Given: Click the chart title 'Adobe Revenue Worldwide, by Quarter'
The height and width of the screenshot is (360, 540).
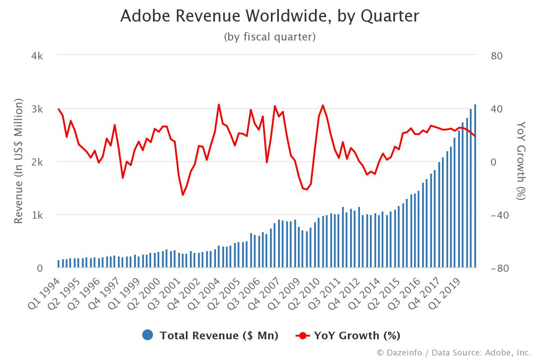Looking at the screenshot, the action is click(270, 16).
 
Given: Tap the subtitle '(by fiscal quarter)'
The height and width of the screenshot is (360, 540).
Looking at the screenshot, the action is click(270, 37).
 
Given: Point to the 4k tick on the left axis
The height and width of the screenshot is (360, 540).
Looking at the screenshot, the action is click(37, 56).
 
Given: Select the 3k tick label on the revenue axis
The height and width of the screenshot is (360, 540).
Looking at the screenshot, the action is click(37, 109).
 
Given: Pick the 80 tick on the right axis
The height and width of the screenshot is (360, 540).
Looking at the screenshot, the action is click(497, 56).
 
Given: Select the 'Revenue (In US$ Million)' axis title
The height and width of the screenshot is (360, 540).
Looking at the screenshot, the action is click(18, 161).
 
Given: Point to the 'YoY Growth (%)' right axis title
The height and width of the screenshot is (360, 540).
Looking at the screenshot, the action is click(521, 161).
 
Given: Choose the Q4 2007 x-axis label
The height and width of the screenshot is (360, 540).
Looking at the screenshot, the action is click(264, 294).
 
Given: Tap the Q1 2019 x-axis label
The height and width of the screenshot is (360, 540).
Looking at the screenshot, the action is click(444, 294).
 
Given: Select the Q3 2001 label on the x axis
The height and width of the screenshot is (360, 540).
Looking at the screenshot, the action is click(164, 294).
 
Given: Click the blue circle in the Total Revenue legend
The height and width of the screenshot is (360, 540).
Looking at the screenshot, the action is click(148, 335).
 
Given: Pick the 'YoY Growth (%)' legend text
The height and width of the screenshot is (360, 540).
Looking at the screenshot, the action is click(357, 335).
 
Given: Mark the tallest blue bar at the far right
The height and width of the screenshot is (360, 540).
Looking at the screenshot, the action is click(475, 186).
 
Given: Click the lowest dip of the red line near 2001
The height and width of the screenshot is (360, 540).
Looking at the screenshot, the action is click(183, 194).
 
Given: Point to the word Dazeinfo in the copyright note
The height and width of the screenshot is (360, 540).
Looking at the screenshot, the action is click(404, 352).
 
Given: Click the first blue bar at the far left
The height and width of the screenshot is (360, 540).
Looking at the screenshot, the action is click(58, 264).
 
